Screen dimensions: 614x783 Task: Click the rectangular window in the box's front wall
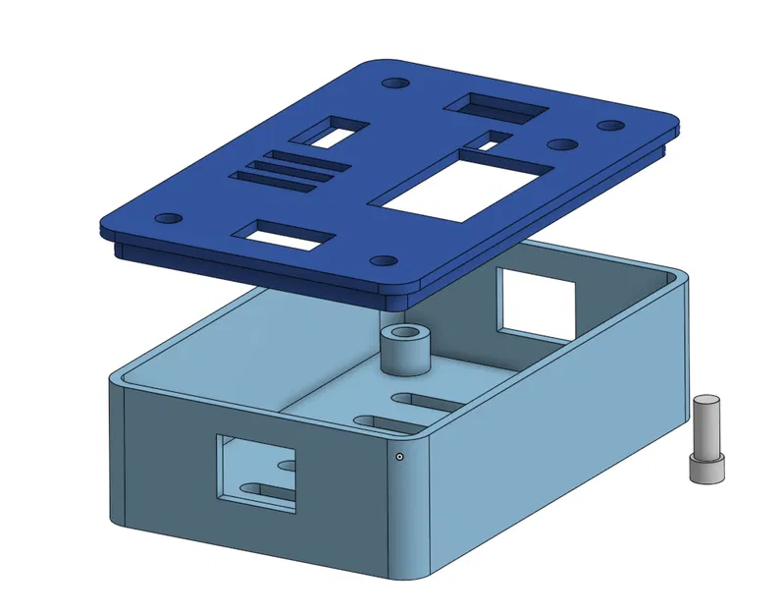pos(256,473)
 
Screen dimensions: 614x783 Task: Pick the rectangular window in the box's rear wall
pos(536,301)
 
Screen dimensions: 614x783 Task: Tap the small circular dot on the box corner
pos(400,457)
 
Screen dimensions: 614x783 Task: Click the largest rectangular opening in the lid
pos(461,185)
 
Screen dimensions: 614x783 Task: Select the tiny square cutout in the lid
pos(496,140)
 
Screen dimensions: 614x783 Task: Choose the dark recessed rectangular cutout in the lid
pos(496,106)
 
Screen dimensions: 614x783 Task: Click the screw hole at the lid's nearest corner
pos(383,262)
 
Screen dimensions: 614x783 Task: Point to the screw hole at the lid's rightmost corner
pos(610,127)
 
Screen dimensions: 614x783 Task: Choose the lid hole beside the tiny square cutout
pos(560,144)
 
